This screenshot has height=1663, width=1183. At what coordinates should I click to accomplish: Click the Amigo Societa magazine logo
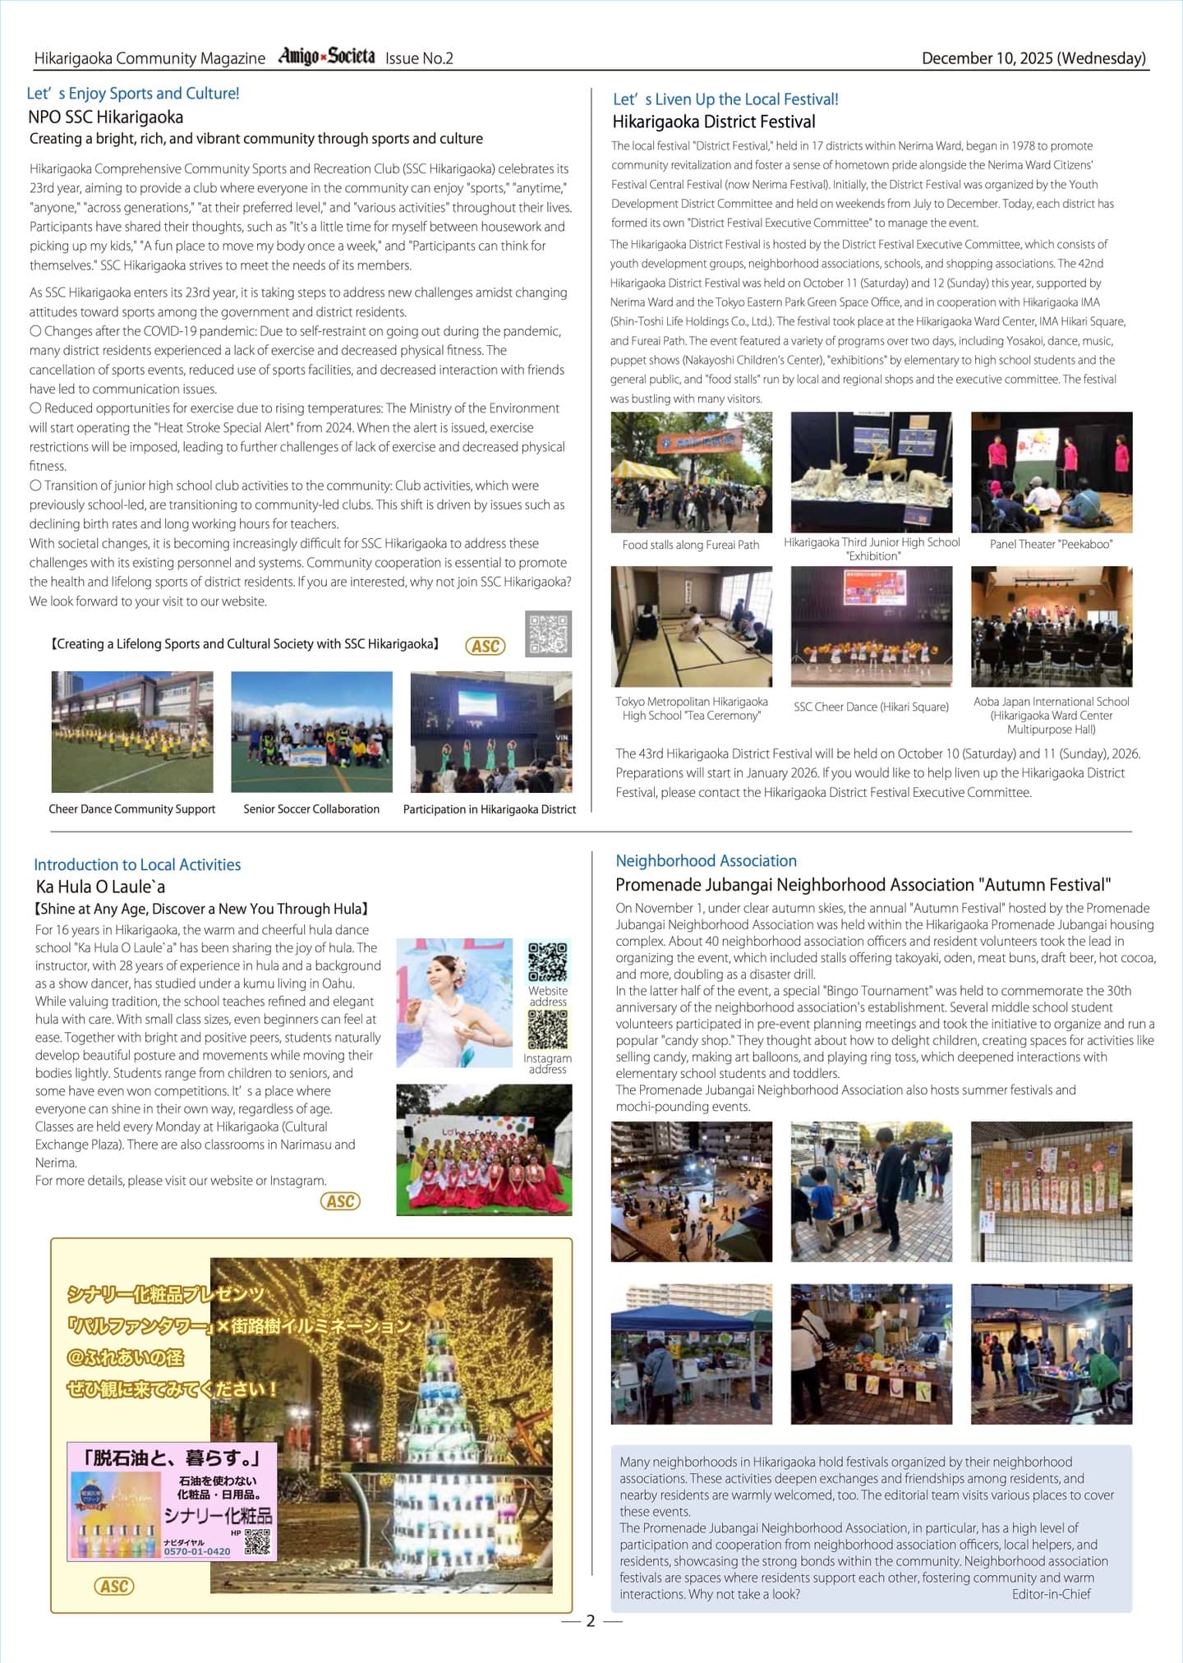coord(326,57)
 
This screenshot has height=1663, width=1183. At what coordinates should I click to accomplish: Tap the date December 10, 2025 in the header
coord(1033,58)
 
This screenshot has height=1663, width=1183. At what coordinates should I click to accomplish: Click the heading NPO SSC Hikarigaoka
coord(105,117)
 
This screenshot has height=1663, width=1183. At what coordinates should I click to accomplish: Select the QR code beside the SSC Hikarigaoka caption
coord(548,633)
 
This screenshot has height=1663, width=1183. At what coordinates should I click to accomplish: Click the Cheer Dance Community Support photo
coord(132,732)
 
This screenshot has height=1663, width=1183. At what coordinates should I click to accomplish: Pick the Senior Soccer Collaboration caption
coord(311,809)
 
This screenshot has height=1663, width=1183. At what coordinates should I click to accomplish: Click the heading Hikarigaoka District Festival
coord(713,122)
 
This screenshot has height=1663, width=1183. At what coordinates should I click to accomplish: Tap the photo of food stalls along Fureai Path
coord(691,472)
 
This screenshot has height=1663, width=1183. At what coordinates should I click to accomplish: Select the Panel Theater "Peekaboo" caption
coord(1051,544)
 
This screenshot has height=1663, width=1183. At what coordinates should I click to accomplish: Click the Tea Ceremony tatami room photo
coord(691,627)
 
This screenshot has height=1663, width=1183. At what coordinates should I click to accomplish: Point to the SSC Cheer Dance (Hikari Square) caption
coord(871,707)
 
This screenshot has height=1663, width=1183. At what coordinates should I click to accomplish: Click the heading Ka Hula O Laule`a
coord(100,887)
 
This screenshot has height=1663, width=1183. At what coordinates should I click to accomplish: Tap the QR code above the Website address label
coord(547,962)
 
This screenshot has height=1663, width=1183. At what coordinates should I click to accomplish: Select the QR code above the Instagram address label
coord(547,1030)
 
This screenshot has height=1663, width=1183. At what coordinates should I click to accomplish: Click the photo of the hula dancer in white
coord(454,1003)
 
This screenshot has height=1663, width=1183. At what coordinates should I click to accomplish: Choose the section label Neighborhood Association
coord(706,861)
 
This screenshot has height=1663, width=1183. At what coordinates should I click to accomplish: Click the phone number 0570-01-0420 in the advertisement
coord(197,1551)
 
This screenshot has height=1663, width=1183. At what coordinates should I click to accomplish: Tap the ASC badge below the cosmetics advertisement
coord(114,1586)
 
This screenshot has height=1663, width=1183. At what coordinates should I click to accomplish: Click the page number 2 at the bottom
coord(591,1621)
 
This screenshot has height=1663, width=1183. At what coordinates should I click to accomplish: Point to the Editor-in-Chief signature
coord(1051,1594)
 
